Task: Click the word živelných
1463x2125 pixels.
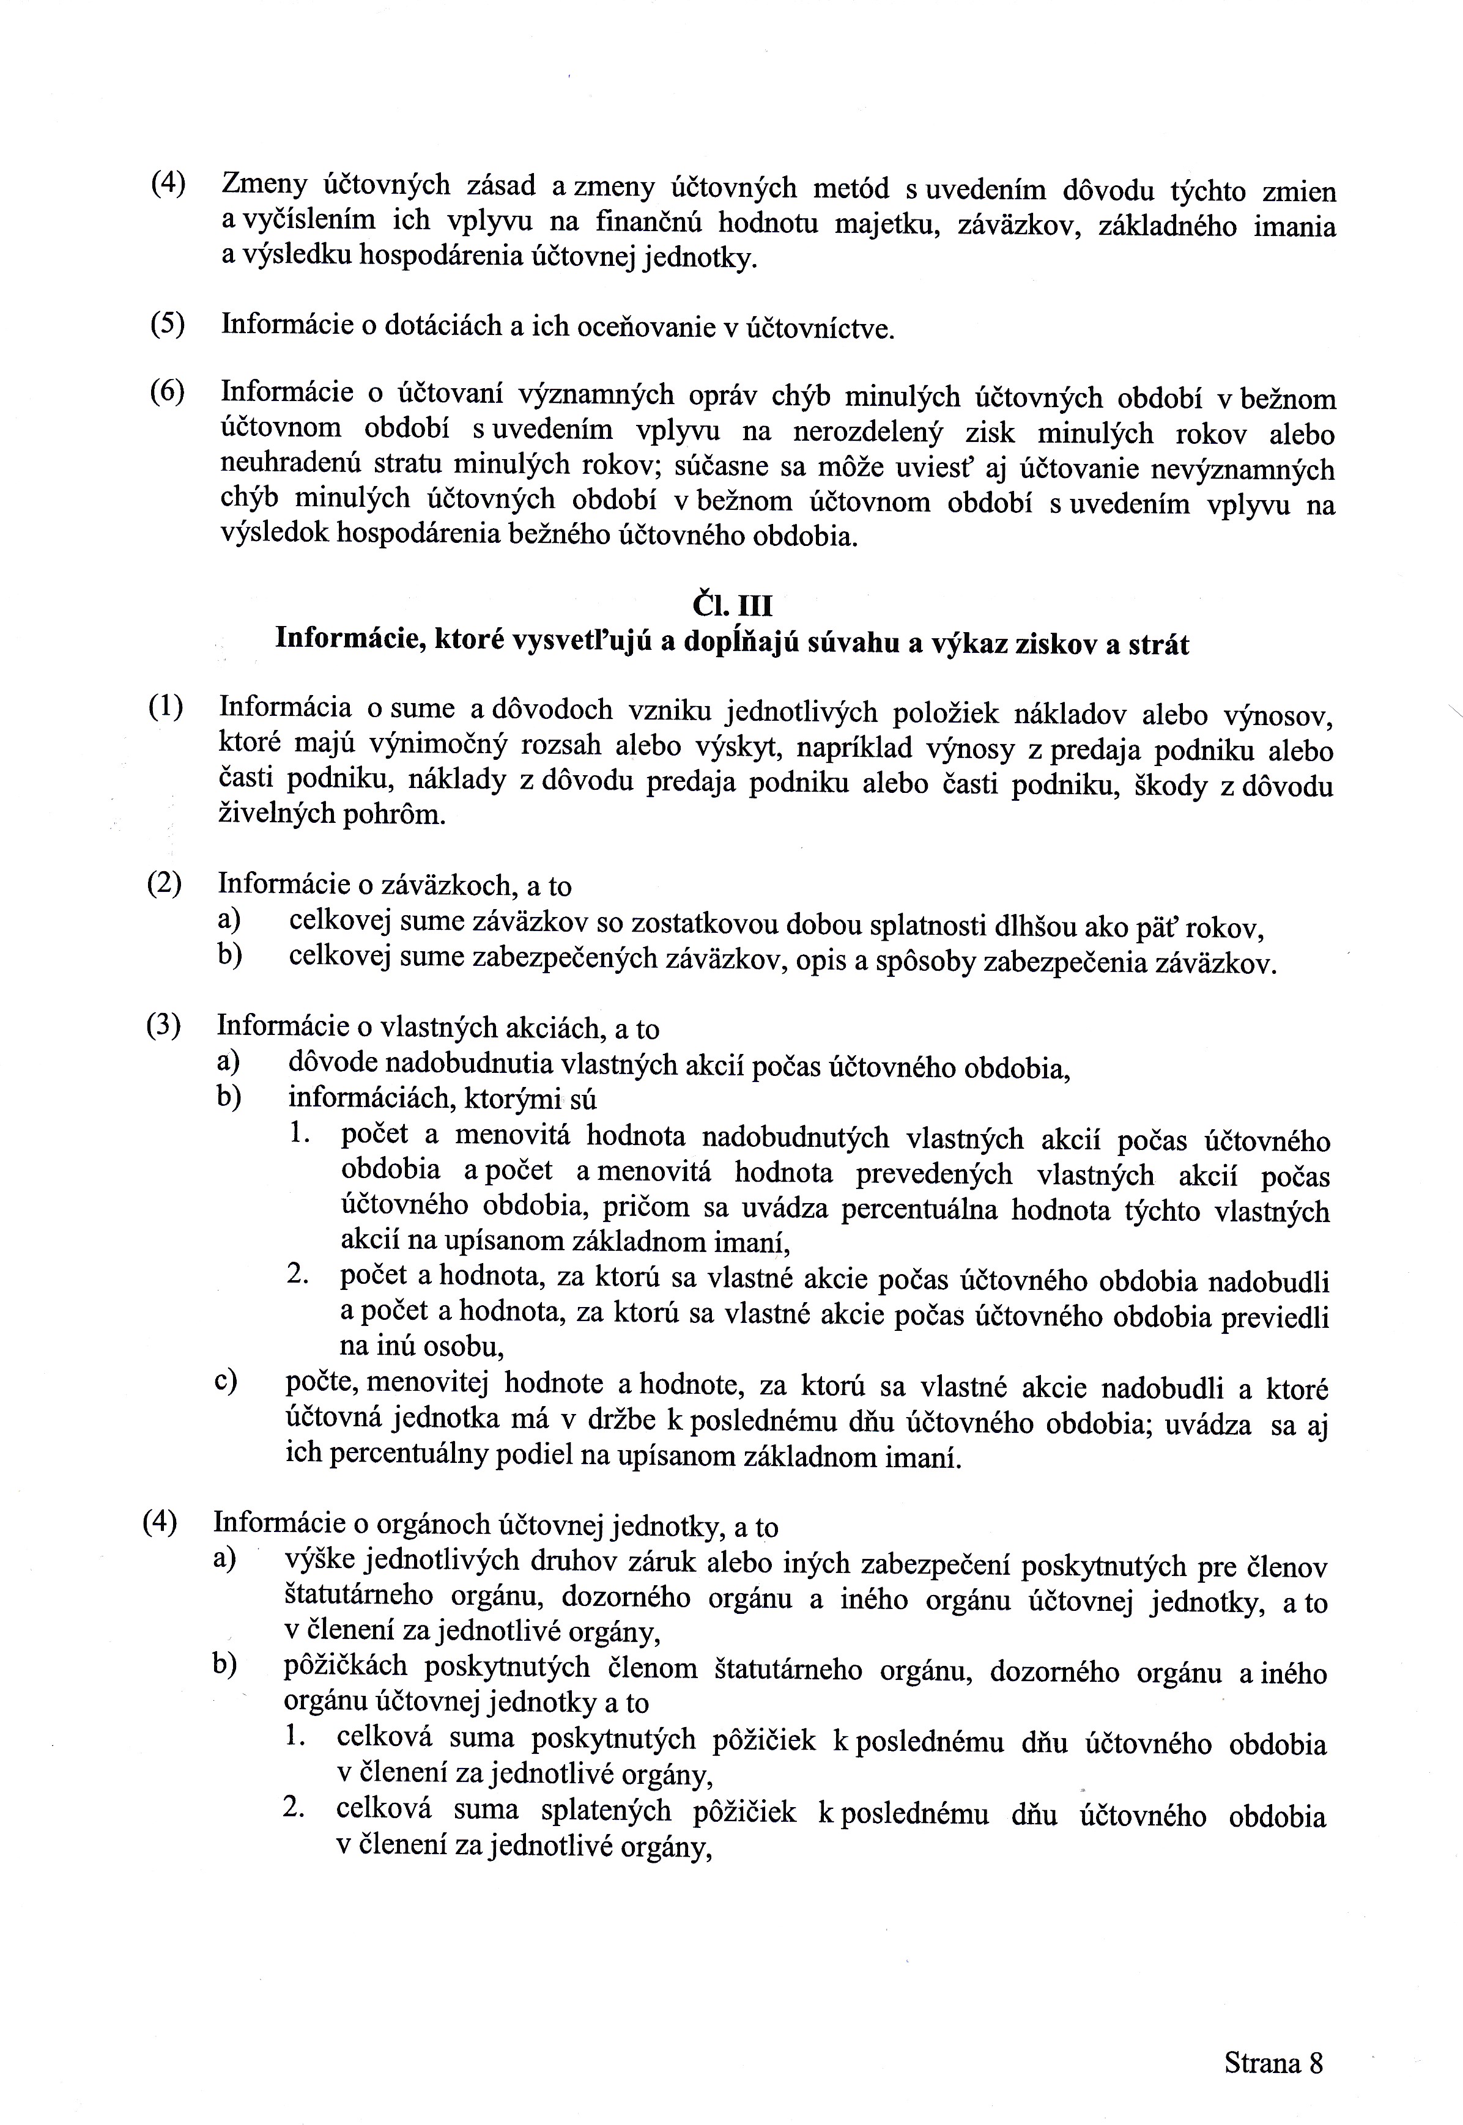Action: [x=275, y=815]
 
